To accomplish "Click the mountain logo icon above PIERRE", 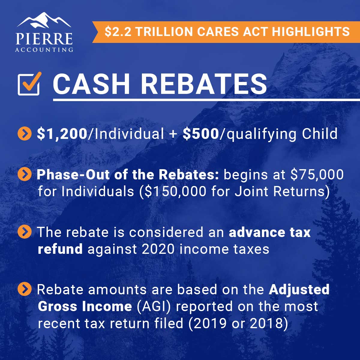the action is (x=44, y=21).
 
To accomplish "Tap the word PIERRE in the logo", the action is (x=44, y=39).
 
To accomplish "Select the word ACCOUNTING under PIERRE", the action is (x=44, y=50).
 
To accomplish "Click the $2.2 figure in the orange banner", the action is (x=117, y=32).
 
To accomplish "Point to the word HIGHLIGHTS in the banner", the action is (x=311, y=31).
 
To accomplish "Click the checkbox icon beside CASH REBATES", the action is (x=29, y=84).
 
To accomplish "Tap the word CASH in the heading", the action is (x=91, y=84).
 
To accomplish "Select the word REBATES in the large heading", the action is (x=204, y=84).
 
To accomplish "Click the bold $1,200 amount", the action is (x=62, y=134).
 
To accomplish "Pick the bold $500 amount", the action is (x=201, y=134).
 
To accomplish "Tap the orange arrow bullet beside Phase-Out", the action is (x=25, y=174).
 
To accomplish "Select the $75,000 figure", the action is (x=317, y=175).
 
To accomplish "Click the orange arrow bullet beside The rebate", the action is (x=25, y=232).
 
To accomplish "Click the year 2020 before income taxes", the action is (x=158, y=249).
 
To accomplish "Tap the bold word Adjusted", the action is (x=299, y=290).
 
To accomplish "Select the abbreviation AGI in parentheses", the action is (x=154, y=307).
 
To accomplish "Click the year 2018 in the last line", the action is (x=266, y=323).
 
